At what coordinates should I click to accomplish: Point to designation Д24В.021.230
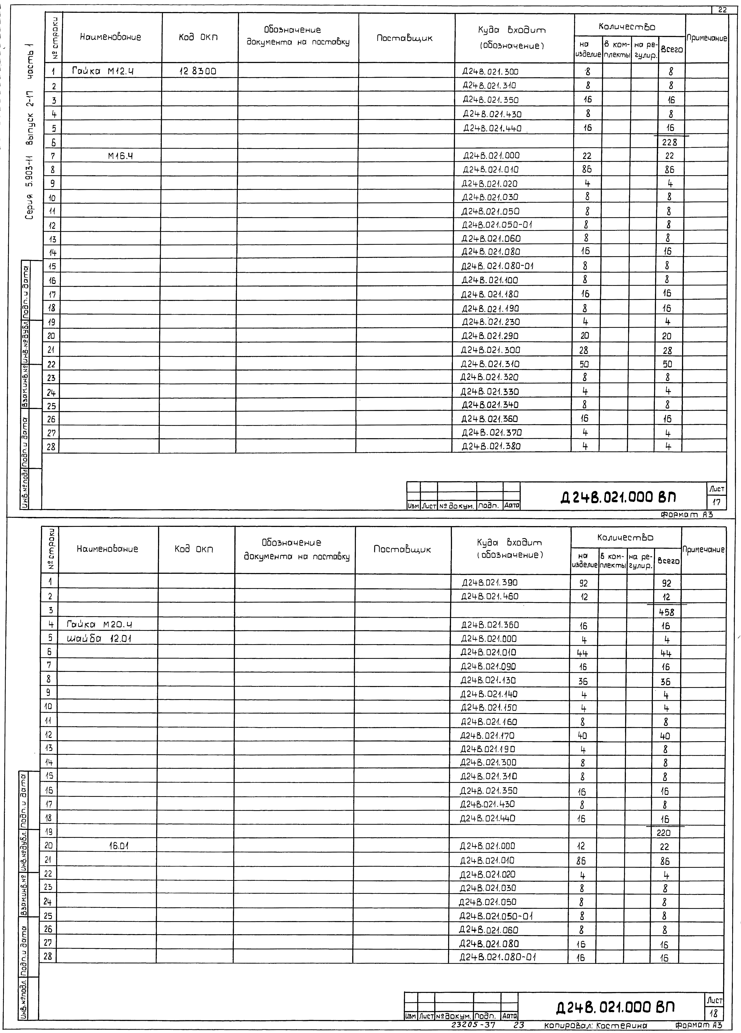coord(491,322)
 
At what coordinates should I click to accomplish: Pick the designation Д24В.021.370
coord(491,433)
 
